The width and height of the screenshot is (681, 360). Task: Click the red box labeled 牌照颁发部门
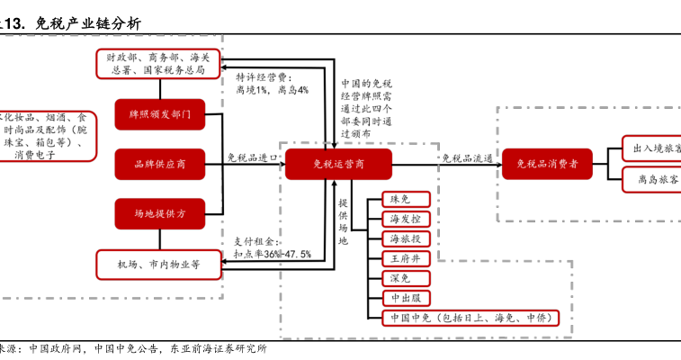point(159,114)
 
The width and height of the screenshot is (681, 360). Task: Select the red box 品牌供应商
point(159,164)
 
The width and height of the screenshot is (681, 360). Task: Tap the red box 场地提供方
point(159,213)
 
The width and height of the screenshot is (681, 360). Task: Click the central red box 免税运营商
point(339,164)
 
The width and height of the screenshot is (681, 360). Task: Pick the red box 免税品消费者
point(547,164)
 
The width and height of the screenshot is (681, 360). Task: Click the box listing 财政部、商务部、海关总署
point(159,63)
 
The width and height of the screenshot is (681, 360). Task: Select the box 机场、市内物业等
point(158,264)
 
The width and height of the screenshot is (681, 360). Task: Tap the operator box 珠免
point(399,199)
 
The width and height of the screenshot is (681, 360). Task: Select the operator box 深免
point(399,278)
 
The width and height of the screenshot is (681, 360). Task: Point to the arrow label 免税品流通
point(466,158)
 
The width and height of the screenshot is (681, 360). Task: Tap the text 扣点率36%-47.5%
point(273,255)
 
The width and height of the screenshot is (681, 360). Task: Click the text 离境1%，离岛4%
point(273,90)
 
